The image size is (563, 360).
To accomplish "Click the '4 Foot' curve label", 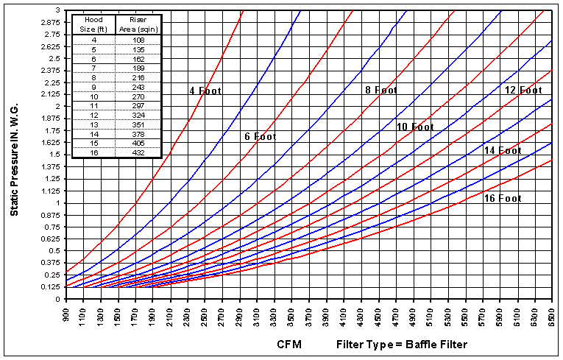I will [x=205, y=91].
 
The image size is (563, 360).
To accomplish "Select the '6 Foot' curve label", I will [x=260, y=137].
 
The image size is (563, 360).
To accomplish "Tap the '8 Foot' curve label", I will [x=381, y=91].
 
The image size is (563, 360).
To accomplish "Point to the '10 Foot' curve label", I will [x=415, y=127].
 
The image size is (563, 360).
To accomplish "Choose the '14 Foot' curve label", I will [x=502, y=150].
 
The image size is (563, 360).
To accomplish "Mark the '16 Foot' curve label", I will [x=502, y=198].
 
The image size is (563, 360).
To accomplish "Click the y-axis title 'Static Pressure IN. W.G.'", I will [x=14, y=153].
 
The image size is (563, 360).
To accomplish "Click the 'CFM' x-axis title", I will [x=289, y=344].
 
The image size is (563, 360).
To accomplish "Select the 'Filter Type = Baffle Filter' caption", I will [x=401, y=344].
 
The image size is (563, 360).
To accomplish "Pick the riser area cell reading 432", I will [x=138, y=153].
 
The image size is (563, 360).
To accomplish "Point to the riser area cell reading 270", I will [x=138, y=96].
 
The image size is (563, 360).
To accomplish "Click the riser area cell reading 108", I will [x=138, y=38].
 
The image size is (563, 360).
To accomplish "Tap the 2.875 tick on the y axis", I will [x=51, y=22].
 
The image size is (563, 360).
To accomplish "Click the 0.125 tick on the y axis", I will [x=51, y=287].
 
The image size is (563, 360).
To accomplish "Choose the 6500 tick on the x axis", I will [x=552, y=317].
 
